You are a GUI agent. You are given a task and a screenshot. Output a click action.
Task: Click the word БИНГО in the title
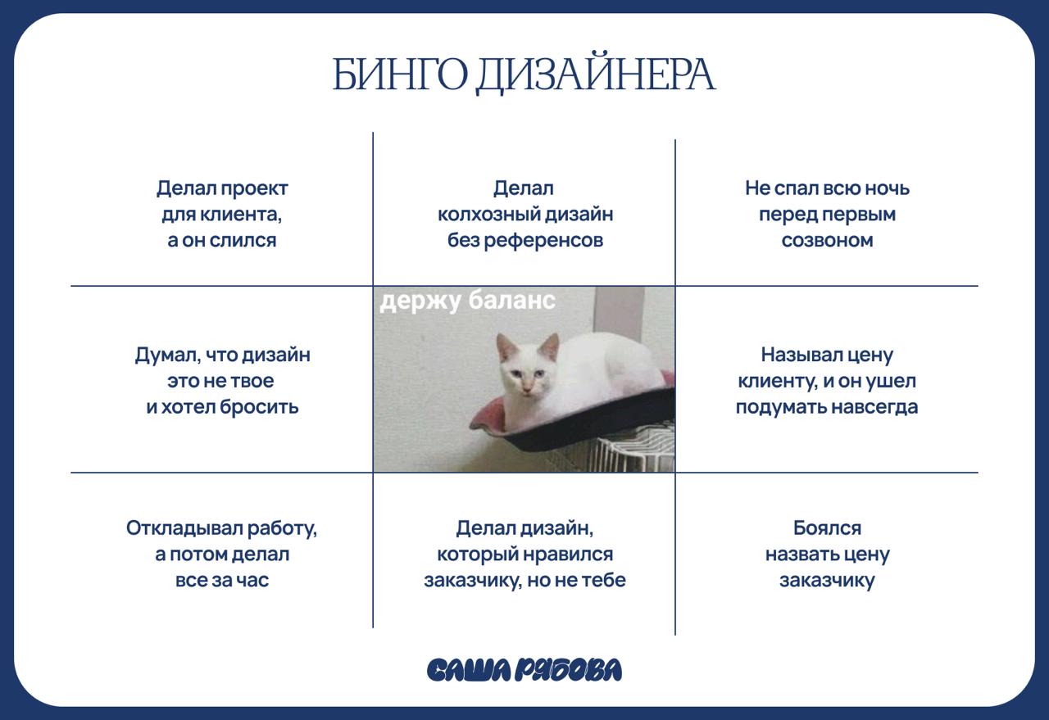click(399, 75)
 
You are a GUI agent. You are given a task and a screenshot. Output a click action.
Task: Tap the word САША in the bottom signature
click(468, 670)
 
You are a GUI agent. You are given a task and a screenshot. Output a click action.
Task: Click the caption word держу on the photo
click(420, 301)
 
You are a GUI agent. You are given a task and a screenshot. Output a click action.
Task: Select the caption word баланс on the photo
click(512, 301)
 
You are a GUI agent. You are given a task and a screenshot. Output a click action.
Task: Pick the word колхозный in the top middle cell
click(493, 215)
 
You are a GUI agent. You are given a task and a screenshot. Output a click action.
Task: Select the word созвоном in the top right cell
click(827, 241)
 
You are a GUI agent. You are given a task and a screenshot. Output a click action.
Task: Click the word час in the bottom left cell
click(254, 581)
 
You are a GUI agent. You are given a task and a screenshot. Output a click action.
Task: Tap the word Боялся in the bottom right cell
click(827, 528)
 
